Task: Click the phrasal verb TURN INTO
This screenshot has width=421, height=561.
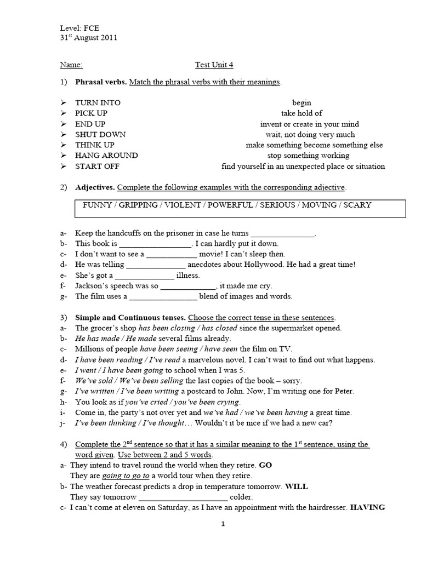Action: (x=98, y=102)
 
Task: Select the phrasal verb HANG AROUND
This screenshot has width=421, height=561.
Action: (x=106, y=156)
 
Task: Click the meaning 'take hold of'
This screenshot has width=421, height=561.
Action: (x=301, y=113)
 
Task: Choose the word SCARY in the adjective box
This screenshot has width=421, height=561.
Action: (x=357, y=205)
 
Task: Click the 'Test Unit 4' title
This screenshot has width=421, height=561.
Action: (x=214, y=65)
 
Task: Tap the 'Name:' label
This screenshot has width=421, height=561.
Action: (x=71, y=65)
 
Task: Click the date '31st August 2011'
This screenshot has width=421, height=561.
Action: (x=88, y=38)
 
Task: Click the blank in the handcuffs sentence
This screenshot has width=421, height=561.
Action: (x=283, y=233)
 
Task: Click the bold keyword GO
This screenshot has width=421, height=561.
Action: (x=265, y=465)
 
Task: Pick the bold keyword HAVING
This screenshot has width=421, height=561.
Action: (x=367, y=507)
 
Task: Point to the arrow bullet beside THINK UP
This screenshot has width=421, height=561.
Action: (x=64, y=145)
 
